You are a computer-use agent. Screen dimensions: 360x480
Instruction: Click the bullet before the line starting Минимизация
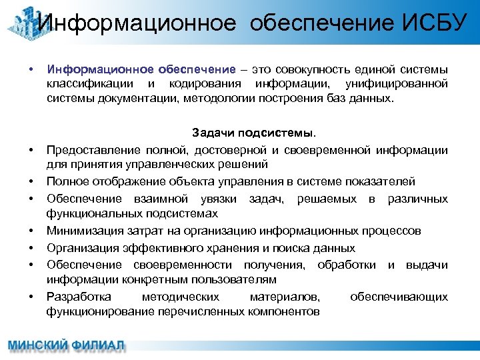point(31,231)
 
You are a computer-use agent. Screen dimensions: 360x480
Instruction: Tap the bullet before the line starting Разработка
point(31,297)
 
